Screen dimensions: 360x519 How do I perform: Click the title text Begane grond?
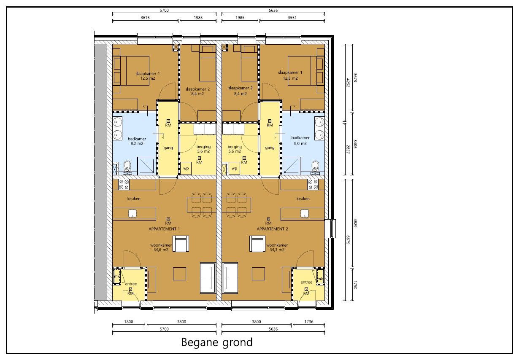tap(217, 342)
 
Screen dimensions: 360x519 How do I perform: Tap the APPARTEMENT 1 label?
tap(164, 228)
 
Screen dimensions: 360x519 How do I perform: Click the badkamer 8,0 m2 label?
tap(300, 140)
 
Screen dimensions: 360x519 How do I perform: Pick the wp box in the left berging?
tap(186, 168)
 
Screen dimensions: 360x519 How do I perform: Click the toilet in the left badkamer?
tap(128, 167)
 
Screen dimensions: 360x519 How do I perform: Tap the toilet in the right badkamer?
tap(314, 167)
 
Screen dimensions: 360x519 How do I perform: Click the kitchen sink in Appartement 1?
tap(133, 213)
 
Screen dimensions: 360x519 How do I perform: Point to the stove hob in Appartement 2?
tap(313, 184)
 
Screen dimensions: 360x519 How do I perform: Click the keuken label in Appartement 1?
tap(134, 199)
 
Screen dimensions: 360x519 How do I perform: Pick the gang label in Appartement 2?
tap(270, 148)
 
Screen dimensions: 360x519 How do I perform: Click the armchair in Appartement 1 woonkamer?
tap(181, 244)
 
